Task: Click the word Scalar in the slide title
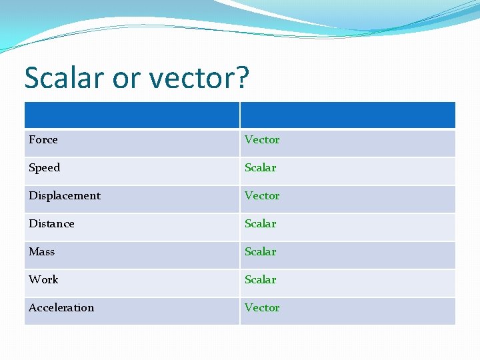(64, 78)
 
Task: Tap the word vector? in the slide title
(199, 78)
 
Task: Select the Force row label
(43, 140)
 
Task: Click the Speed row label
(45, 168)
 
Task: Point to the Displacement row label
(65, 196)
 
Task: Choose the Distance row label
(51, 224)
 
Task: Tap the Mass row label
(41, 252)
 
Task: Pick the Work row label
(43, 280)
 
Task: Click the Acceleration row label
(61, 308)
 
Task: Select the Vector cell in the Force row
(262, 140)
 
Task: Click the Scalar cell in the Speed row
(260, 168)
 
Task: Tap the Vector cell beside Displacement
(262, 196)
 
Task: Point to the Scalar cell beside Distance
(260, 224)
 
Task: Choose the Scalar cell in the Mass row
(260, 252)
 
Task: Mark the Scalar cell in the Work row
(260, 280)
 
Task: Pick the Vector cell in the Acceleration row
(262, 308)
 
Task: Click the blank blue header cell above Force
(132, 115)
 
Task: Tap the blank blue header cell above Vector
(347, 115)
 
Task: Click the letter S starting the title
(32, 78)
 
